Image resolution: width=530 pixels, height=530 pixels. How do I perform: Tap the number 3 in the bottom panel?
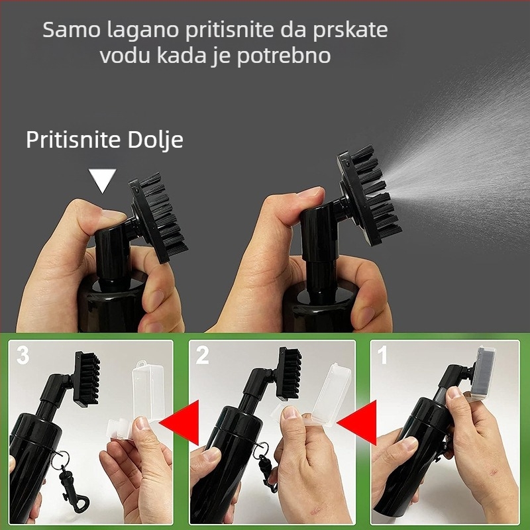23,356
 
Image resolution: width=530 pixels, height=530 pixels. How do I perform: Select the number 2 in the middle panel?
202,356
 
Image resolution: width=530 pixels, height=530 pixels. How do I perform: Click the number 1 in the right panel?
382,356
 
